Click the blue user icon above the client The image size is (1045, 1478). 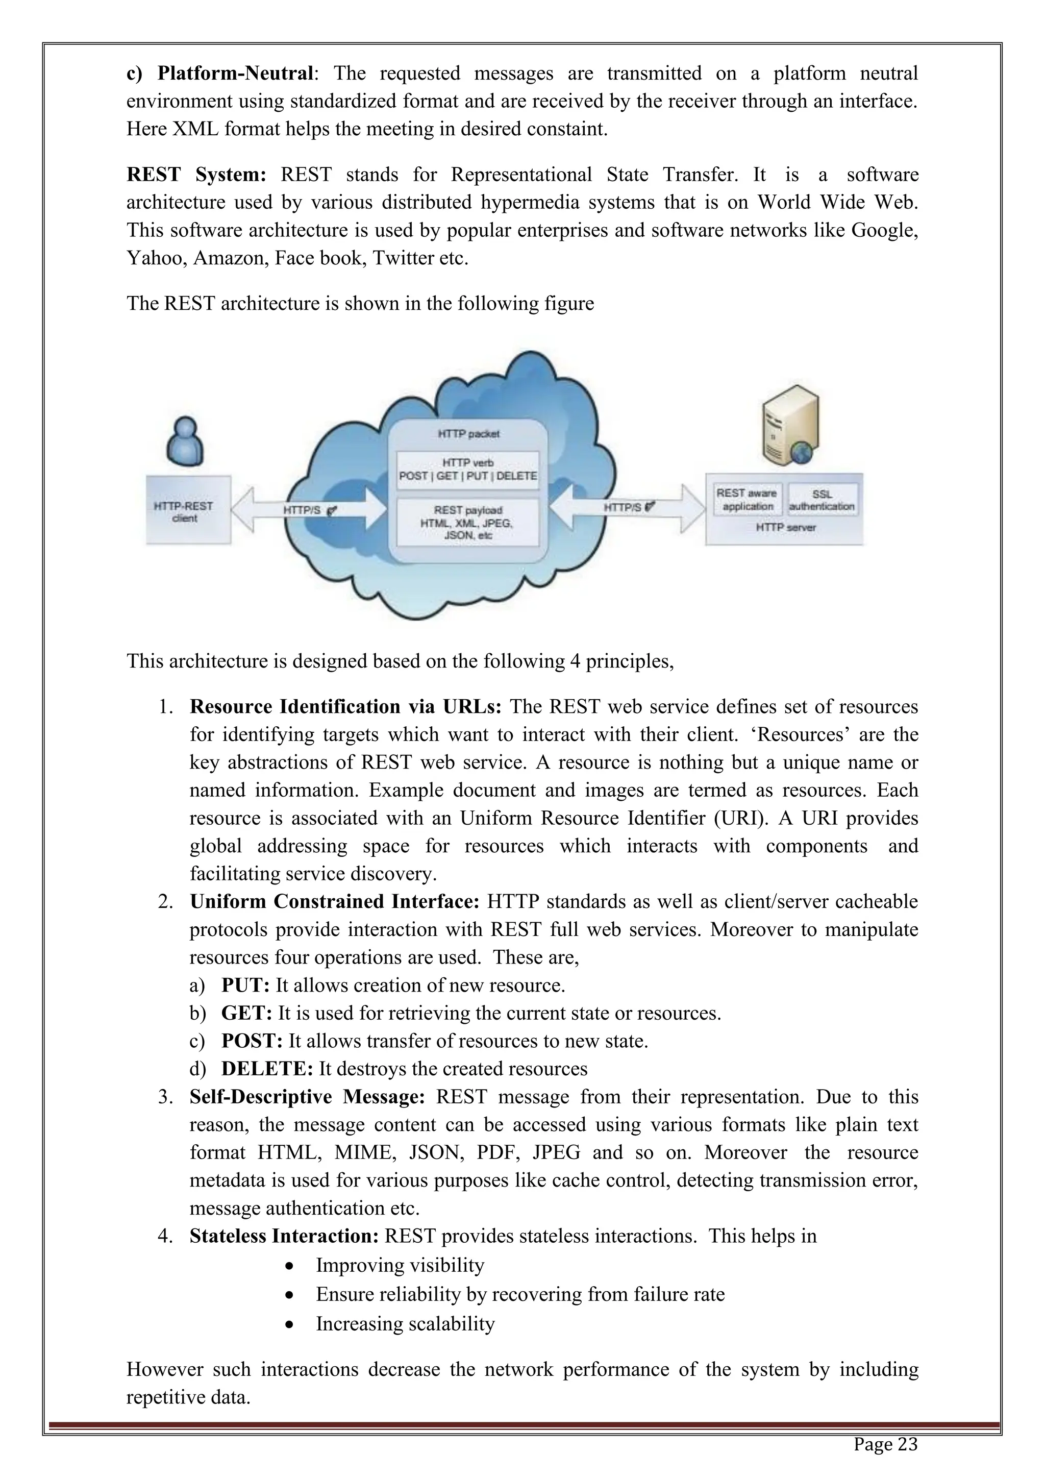(185, 441)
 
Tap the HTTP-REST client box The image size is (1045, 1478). (188, 510)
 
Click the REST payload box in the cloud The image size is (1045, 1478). (468, 522)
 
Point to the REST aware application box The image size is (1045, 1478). (747, 500)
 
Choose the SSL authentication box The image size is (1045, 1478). (822, 500)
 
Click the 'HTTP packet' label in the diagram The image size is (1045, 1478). (468, 434)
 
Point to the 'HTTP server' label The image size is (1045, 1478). (785, 527)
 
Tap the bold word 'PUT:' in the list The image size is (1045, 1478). (245, 986)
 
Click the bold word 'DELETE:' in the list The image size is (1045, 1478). (267, 1069)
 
